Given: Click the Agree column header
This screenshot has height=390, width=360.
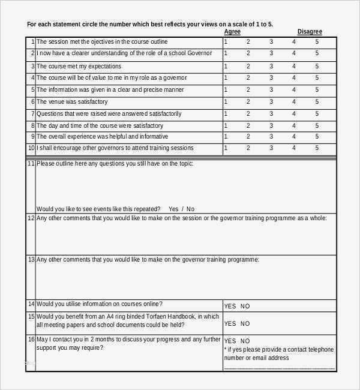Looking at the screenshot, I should click(x=233, y=32).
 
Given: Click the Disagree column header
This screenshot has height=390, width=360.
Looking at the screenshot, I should click(x=310, y=32).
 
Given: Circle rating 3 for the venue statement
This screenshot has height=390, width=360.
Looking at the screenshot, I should click(x=271, y=102).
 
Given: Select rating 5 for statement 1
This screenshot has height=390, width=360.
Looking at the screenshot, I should click(x=317, y=42).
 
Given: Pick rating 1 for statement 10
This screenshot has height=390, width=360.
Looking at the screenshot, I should click(x=226, y=148).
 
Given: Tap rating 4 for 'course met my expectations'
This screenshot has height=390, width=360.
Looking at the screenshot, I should click(x=294, y=66).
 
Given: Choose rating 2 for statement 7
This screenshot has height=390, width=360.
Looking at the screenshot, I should click(x=248, y=114).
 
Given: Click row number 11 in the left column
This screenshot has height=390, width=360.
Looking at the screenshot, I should click(x=31, y=163).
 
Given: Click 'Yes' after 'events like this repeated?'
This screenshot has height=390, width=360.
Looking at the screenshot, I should click(x=174, y=209).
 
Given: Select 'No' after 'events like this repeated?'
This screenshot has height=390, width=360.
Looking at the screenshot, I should click(x=191, y=209).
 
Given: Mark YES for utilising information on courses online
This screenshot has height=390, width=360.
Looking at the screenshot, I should click(x=230, y=306).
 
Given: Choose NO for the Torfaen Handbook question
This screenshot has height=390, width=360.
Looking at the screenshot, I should click(x=245, y=324).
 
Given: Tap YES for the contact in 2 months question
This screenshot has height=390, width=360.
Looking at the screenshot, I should click(x=230, y=341).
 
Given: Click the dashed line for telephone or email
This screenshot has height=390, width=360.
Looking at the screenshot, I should click(x=279, y=367).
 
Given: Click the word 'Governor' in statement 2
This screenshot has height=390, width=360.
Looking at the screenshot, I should click(x=198, y=54).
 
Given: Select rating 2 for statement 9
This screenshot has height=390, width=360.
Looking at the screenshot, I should click(x=248, y=137).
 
